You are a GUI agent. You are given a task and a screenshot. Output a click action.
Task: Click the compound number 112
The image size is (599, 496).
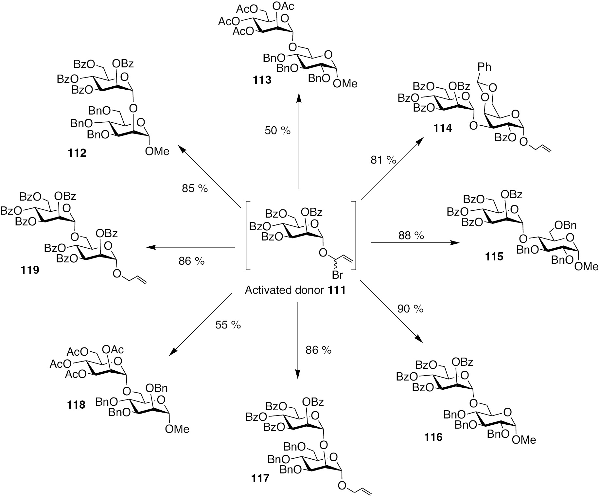78,153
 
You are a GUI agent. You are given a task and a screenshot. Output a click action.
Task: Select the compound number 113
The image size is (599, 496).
262,80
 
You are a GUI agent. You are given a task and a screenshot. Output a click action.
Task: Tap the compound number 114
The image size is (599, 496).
443,128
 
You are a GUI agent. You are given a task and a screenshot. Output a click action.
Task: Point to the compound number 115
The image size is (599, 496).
494,257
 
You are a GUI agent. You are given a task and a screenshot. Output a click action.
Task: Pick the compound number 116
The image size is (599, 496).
433,437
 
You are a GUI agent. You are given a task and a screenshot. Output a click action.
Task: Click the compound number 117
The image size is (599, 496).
260,479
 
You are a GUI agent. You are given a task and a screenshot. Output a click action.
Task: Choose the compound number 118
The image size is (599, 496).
76,405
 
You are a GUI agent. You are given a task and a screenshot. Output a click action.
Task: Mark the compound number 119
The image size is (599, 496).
29,270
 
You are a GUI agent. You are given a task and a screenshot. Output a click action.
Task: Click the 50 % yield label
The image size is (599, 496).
277,131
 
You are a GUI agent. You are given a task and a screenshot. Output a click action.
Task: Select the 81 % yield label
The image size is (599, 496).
383,160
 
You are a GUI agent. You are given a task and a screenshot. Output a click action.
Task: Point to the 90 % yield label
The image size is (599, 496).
410,309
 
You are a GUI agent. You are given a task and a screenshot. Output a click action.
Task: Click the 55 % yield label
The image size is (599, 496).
228,325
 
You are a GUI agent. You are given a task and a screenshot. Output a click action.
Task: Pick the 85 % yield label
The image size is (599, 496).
195,188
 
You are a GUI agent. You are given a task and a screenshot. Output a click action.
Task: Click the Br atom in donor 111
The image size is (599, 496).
337,275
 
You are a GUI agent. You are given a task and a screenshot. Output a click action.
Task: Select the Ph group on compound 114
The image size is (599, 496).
484,67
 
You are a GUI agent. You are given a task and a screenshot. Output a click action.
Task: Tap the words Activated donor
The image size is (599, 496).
284,290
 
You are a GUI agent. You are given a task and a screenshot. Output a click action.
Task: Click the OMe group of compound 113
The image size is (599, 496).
345,84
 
